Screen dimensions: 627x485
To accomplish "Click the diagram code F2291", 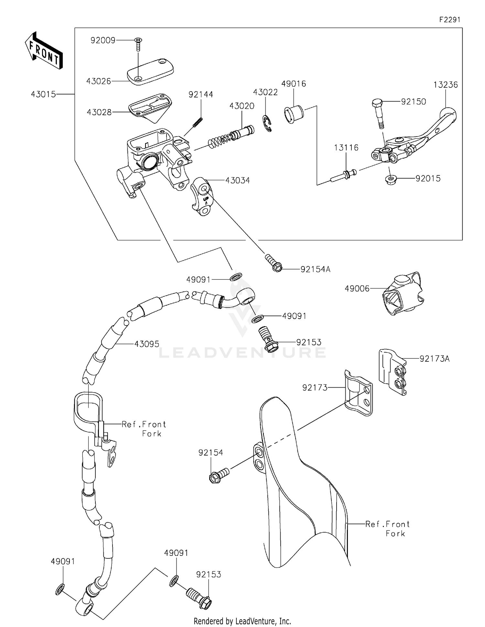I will pyautogui.click(x=449, y=20).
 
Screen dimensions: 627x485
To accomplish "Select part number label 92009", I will pyautogui.click(x=103, y=40).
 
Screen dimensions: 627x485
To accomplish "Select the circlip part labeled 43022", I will pyautogui.click(x=267, y=123).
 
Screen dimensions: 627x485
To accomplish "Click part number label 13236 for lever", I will pyautogui.click(x=446, y=85).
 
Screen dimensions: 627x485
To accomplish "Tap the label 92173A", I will pyautogui.click(x=434, y=358).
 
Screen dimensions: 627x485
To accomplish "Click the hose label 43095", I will pyautogui.click(x=147, y=344).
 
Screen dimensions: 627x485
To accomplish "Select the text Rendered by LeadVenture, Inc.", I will pyautogui.click(x=242, y=621).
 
